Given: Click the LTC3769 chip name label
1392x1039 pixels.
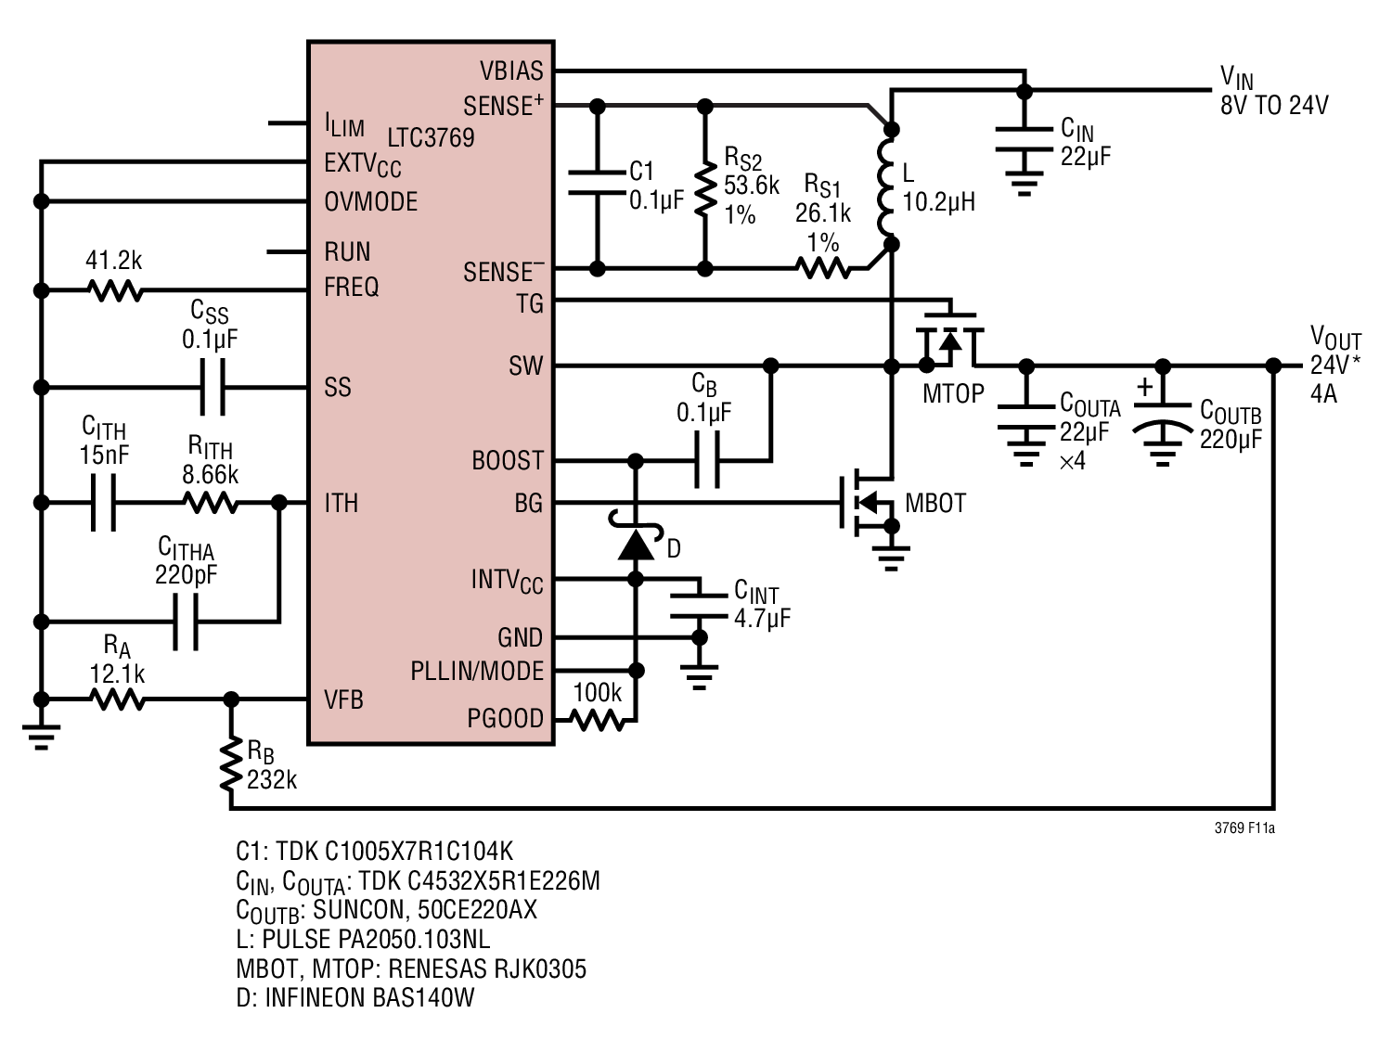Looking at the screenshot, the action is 431,137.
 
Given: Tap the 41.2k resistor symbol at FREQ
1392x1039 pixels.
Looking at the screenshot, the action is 115,291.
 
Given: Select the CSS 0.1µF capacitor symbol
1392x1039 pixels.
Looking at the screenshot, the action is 213,388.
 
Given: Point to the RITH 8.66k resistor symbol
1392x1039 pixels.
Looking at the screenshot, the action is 212,503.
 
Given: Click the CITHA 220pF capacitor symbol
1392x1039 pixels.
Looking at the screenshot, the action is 186,622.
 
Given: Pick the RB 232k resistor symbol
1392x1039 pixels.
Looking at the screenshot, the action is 231,763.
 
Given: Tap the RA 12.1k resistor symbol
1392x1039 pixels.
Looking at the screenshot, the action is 117,699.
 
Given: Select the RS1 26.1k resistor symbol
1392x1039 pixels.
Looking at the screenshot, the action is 823,269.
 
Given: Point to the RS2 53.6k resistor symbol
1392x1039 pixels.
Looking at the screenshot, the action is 705,188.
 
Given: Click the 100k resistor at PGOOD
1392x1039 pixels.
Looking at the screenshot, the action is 597,720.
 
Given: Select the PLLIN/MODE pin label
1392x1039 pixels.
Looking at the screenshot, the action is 477,671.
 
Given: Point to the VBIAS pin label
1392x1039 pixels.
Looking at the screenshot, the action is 511,71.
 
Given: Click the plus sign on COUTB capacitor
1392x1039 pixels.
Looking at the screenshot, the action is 1144,387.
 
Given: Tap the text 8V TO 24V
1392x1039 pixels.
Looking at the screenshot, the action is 1275,105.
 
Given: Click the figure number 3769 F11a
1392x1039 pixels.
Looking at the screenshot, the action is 1244,827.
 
